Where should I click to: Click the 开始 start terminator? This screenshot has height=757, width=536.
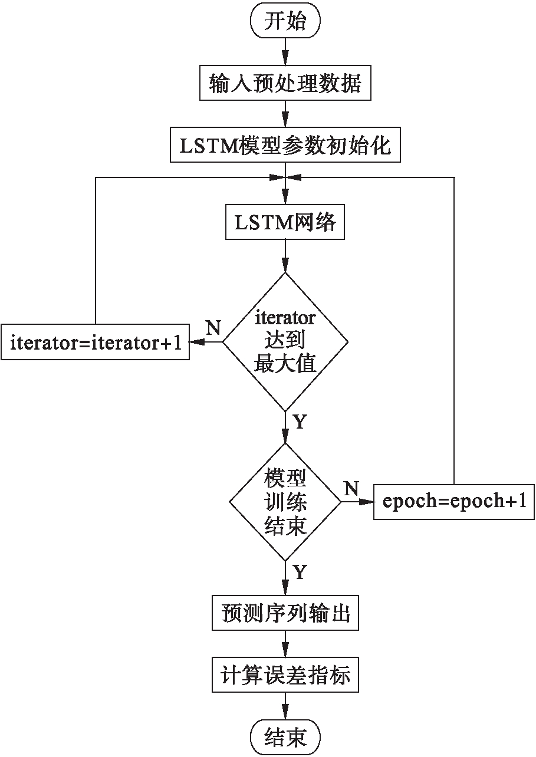tap(285, 22)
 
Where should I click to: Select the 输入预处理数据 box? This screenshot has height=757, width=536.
tap(285, 84)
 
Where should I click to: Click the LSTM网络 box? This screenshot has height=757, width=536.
tap(285, 222)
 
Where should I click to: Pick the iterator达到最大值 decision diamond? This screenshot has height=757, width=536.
tap(285, 341)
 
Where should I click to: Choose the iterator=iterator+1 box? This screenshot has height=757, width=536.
tap(95, 343)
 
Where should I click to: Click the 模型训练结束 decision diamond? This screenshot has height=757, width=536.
tap(285, 502)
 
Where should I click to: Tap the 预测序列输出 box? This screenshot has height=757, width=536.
tap(285, 614)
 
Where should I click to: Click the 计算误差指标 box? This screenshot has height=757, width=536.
tap(285, 676)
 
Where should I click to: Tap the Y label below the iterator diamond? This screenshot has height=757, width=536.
tap(299, 422)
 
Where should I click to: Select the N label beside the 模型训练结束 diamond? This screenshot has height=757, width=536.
tap(351, 488)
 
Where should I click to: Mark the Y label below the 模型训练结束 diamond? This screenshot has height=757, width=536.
tap(299, 572)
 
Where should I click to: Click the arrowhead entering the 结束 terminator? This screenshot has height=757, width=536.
tap(285, 715)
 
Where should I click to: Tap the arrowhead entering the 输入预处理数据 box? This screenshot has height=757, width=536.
tap(285, 64)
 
